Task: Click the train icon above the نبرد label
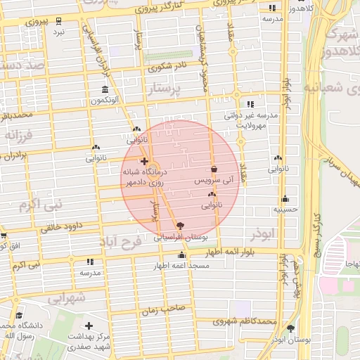pos(58,20)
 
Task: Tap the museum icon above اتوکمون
pos(105,89)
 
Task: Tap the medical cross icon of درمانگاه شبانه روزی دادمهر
pos(144,161)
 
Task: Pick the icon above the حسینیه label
pos(285,198)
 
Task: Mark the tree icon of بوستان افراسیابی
pos(180,226)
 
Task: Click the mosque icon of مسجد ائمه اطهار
pos(182,255)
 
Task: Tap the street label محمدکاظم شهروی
pos(244,321)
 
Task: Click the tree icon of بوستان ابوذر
pos(290,328)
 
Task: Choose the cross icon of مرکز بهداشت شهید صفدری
pos(89,326)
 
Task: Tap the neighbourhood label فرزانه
pos(19,133)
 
